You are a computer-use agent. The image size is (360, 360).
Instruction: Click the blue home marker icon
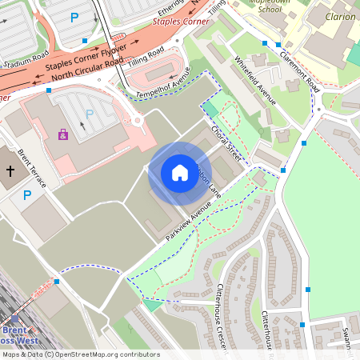click(179, 173)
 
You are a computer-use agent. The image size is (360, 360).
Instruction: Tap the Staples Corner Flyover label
click(86, 59)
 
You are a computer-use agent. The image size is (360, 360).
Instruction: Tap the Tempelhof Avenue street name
click(166, 88)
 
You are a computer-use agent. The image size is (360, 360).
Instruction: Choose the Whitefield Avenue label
click(255, 81)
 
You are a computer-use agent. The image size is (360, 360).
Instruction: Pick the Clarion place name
click(341, 16)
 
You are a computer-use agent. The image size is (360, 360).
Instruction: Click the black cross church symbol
click(10, 171)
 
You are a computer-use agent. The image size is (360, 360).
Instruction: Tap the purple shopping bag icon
click(63, 134)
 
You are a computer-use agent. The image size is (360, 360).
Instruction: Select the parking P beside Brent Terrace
click(27, 194)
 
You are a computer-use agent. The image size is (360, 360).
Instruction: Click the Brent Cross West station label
click(20, 335)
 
